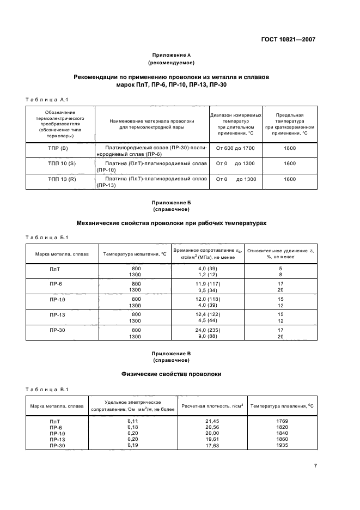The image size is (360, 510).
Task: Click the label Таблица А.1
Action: pyautogui.click(x=46, y=99)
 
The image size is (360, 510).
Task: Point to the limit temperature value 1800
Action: pyautogui.click(x=290, y=148)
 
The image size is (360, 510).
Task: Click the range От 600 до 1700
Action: pyautogui.click(x=235, y=148)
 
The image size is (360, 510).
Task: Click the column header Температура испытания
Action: pyautogui.click(x=135, y=254)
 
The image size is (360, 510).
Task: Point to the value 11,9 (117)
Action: pyautogui.click(x=208, y=284)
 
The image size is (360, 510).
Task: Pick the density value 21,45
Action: pyautogui.click(x=212, y=421)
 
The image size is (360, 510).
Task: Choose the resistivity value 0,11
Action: pyautogui.click(x=133, y=421)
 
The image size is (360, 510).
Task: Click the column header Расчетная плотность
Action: pyautogui.click(x=212, y=406)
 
